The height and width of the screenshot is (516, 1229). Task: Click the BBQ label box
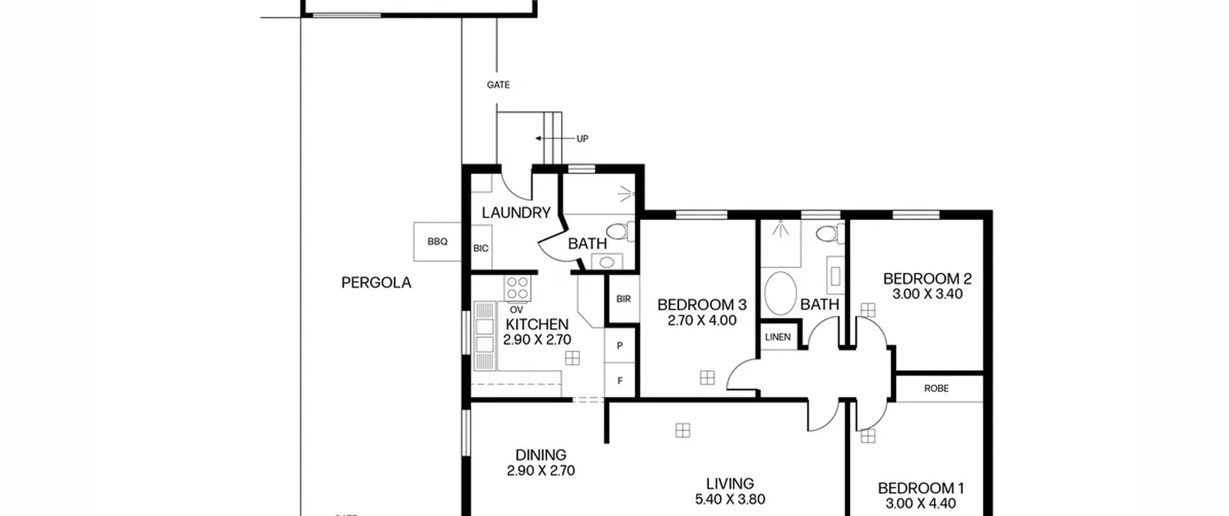point(437,241)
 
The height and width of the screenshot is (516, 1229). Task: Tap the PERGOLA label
point(376,283)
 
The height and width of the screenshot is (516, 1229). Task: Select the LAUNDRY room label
point(516,213)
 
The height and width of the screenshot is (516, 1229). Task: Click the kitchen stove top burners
point(518,288)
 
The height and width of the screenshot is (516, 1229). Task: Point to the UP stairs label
point(582,139)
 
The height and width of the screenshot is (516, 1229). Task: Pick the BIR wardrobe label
point(623,299)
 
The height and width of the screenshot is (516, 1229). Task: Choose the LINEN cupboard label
point(778,337)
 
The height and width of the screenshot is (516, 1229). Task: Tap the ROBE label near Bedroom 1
point(937,388)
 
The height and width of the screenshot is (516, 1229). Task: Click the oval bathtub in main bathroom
point(781,293)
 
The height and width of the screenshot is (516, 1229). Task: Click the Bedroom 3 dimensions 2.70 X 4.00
point(702,320)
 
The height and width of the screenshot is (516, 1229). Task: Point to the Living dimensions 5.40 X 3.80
point(730,499)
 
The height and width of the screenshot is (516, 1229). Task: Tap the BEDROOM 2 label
point(928,278)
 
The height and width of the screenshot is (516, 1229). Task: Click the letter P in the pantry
point(620,346)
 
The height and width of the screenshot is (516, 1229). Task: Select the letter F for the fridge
point(620,381)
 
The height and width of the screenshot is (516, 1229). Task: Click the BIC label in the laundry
point(481,248)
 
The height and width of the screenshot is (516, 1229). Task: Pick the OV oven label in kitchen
point(516,310)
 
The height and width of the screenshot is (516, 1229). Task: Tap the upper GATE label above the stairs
point(498,85)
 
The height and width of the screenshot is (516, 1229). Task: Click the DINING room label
point(541,455)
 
